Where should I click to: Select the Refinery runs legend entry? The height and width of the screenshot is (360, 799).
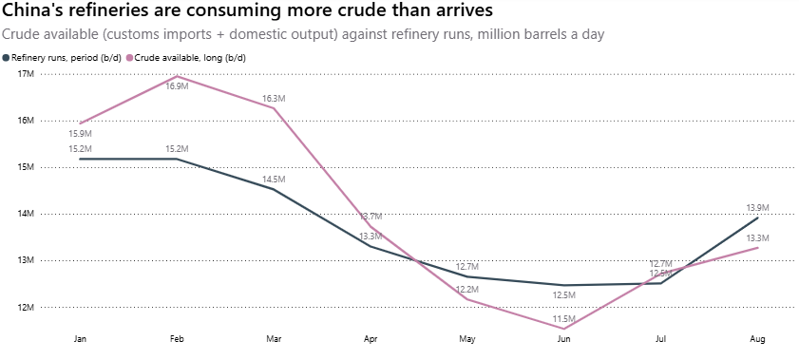62,58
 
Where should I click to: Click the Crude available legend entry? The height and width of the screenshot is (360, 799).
186,58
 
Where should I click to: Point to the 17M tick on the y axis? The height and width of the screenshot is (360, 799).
26,74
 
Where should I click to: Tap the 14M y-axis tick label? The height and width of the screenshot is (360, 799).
26,214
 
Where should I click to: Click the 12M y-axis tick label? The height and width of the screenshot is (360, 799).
26,307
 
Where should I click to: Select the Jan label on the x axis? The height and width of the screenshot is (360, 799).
80,339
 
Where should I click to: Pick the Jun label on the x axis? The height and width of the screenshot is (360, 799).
564,339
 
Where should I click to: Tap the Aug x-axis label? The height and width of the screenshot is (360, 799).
758,339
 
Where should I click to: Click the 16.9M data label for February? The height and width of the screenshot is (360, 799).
177,86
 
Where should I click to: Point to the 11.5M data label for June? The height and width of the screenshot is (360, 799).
564,319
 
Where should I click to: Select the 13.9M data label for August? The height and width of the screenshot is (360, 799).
758,207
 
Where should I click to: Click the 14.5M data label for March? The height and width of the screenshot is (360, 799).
274,180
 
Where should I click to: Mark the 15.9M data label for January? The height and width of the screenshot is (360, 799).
80,134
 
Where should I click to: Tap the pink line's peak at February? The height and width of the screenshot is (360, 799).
177,76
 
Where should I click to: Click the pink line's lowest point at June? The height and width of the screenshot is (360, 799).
564,329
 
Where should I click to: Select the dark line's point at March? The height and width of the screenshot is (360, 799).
274,189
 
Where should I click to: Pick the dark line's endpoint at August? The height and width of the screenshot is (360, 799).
758,218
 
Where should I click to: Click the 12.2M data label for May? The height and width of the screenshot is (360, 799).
467,289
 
